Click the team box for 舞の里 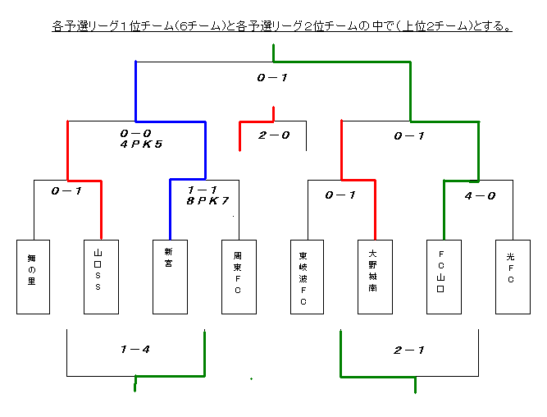33,277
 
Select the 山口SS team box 101,277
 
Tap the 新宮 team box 170,277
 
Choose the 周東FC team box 239,277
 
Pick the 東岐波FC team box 307,277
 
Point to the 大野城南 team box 375,277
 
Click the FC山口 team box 444,277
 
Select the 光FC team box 513,277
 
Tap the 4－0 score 480,196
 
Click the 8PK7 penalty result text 208,201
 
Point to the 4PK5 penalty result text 141,144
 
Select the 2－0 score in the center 274,135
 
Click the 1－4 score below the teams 135,349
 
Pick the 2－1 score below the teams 409,350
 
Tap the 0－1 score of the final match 272,77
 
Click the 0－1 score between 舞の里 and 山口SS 66,191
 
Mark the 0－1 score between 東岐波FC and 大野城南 340,195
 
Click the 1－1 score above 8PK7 203,190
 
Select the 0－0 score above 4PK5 135,134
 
